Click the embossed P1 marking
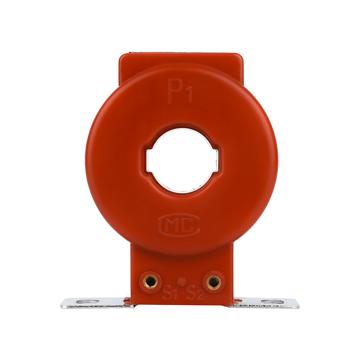coord(180,92)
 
